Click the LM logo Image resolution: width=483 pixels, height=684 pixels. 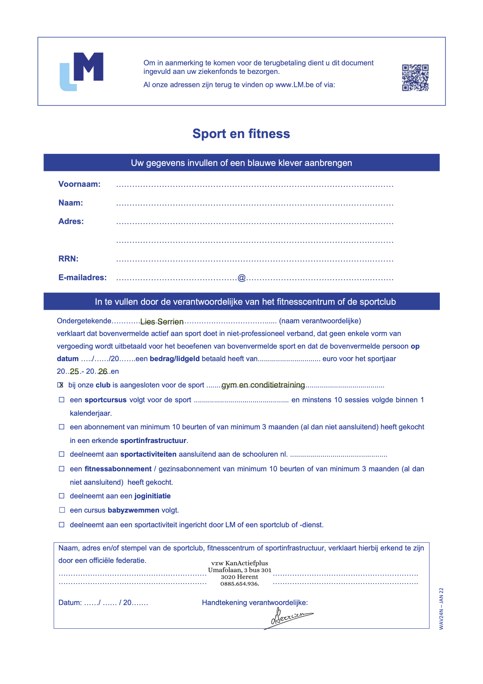point(82,72)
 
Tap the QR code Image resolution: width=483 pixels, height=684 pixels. point(415,77)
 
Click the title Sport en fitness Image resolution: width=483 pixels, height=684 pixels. point(241,134)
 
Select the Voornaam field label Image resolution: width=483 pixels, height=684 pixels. point(80,184)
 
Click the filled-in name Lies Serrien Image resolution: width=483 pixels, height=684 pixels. point(162,322)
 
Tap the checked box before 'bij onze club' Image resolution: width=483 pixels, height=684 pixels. point(60,385)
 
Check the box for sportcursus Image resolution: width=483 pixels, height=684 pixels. point(62,400)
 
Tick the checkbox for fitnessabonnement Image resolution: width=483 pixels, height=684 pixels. point(62,469)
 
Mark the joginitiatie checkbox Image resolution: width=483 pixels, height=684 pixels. point(62,496)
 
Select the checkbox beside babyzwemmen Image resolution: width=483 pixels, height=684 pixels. point(62,510)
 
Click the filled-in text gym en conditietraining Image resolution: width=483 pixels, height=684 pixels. point(263,385)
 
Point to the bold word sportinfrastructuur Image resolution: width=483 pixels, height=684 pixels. point(153,440)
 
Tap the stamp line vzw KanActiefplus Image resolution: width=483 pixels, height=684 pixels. point(240,563)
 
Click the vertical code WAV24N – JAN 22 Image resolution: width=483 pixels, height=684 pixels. point(441,609)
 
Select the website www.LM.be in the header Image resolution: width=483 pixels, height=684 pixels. point(294,85)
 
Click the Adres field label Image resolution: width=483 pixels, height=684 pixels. point(71,221)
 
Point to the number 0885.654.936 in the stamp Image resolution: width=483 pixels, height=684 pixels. point(240,584)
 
